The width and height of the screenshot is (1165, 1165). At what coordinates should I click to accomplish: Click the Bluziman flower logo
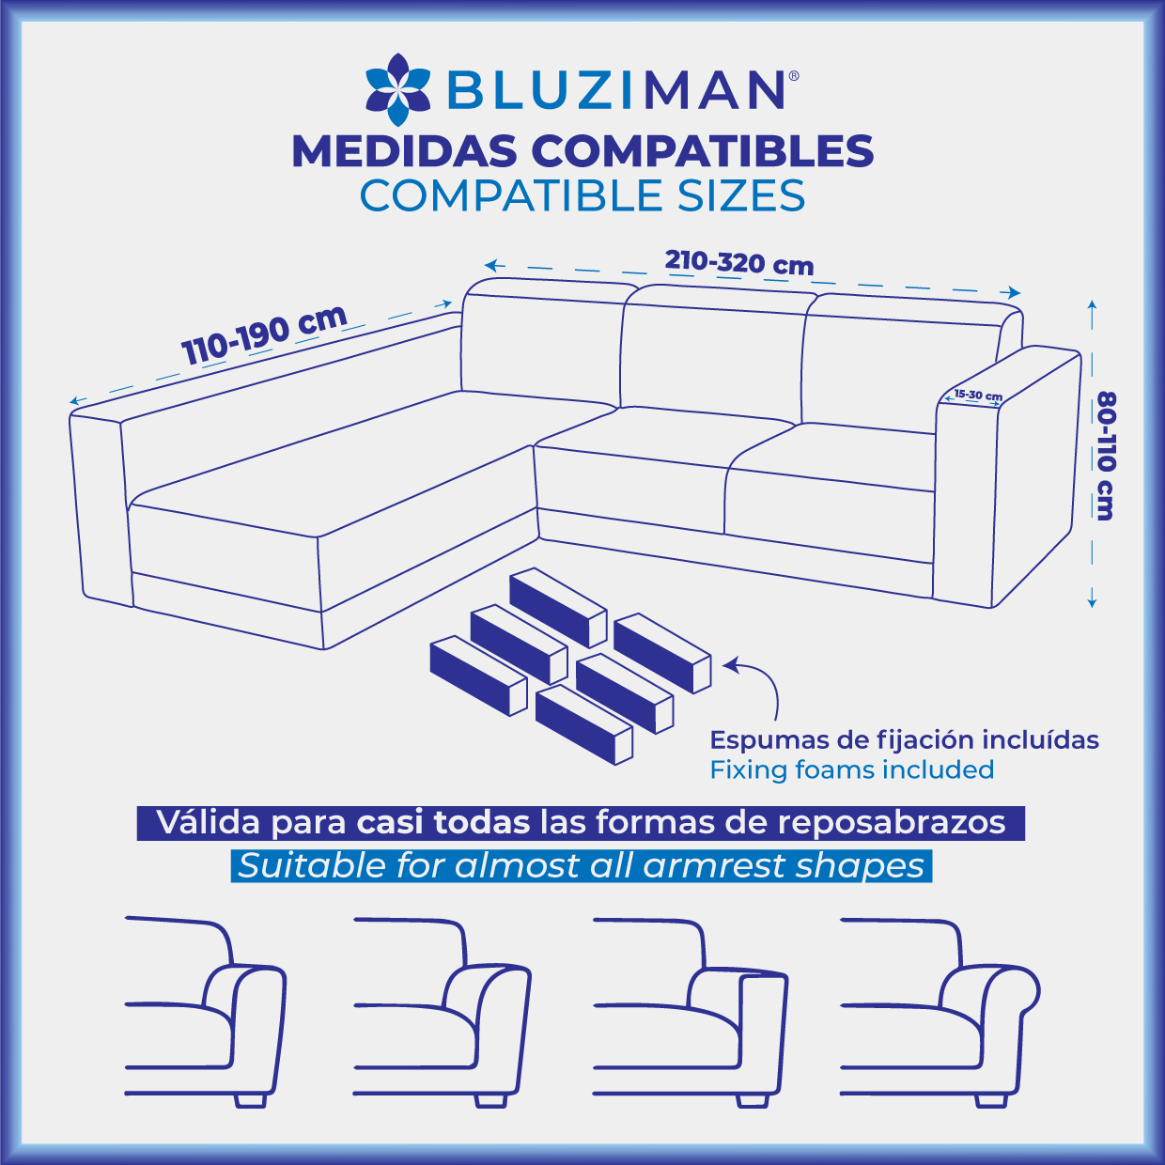[397, 89]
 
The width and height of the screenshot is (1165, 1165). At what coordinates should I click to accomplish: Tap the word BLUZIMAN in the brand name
[614, 90]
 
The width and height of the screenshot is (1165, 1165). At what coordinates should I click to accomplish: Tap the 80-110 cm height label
[1106, 456]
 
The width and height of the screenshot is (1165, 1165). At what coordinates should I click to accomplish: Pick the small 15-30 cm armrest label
[978, 395]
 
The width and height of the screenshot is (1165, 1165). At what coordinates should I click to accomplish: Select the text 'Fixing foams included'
[852, 769]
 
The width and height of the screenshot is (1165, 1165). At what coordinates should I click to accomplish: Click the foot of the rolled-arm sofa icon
[991, 1100]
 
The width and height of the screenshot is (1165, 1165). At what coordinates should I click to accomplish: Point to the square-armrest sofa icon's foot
[752, 1100]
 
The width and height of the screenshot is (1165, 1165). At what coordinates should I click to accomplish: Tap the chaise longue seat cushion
[338, 459]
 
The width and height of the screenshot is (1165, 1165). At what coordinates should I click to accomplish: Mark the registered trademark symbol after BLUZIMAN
[794, 75]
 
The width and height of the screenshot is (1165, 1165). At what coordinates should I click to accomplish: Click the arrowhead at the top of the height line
[1092, 304]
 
